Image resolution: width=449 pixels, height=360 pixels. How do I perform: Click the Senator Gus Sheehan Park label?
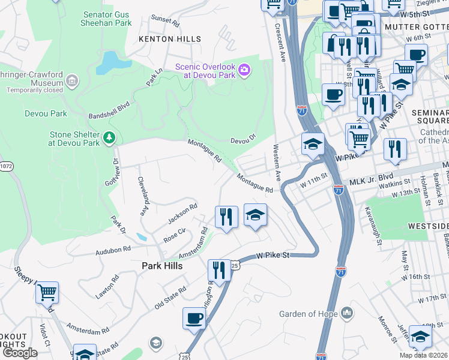click(106, 18)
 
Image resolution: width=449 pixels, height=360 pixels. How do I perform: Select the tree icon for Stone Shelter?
click(109, 139)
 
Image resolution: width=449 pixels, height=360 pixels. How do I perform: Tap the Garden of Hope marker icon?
click(347, 313)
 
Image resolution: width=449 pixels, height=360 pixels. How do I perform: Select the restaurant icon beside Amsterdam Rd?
click(226, 217)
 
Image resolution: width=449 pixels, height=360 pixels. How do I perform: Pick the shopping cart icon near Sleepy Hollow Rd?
click(47, 293)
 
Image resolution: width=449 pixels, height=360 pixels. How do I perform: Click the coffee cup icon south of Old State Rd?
click(194, 319)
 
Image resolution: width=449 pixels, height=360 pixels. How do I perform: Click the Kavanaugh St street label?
click(372, 226)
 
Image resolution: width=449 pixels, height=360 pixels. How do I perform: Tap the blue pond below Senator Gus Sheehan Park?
click(109, 62)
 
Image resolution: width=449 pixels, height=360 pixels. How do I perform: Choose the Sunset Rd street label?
click(165, 22)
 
